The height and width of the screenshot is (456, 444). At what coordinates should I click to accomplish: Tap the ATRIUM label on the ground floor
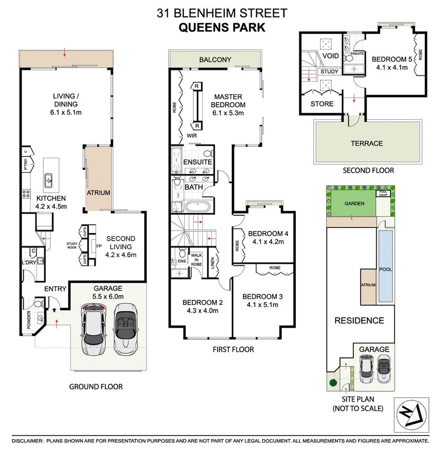coord(99,193)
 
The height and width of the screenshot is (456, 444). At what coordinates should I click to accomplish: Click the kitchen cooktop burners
coord(26,193)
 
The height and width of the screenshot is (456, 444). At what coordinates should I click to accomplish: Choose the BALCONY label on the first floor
coord(215,60)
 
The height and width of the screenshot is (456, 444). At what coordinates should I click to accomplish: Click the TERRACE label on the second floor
coord(367,144)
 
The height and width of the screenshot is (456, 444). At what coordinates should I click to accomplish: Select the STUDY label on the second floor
coord(329,71)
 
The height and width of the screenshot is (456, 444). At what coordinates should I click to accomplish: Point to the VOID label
coord(330,56)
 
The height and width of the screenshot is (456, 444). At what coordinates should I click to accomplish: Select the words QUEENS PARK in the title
coord(222,27)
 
